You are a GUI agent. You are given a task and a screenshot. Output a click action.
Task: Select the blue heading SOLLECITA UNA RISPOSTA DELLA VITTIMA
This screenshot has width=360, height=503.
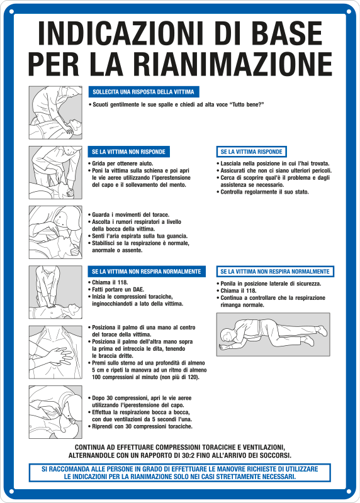click(x=143, y=92)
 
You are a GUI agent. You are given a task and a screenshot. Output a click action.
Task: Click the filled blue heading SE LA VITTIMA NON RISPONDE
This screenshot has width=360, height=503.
click(x=128, y=152)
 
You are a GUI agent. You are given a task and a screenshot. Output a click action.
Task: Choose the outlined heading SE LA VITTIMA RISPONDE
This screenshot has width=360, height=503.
click(x=251, y=152)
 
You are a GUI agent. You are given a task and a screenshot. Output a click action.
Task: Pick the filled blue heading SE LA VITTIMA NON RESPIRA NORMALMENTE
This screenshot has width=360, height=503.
click(x=146, y=272)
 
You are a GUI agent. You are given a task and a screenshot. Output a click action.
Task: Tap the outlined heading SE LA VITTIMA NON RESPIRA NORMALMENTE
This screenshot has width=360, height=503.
click(x=274, y=272)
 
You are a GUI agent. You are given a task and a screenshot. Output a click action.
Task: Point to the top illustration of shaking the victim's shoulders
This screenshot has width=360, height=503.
click(x=55, y=112)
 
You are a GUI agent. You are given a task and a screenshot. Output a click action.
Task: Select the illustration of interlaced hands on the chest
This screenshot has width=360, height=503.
click(x=55, y=351)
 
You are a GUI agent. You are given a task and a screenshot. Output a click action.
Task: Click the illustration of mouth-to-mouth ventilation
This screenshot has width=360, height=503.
click(x=55, y=411)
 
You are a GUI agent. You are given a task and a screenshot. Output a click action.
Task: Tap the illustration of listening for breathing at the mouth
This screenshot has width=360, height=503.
click(x=55, y=231)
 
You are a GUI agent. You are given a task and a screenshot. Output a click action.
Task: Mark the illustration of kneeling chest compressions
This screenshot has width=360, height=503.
click(x=55, y=292)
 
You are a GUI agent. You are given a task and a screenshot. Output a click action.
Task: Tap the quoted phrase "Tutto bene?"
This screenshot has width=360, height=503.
click(x=246, y=104)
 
